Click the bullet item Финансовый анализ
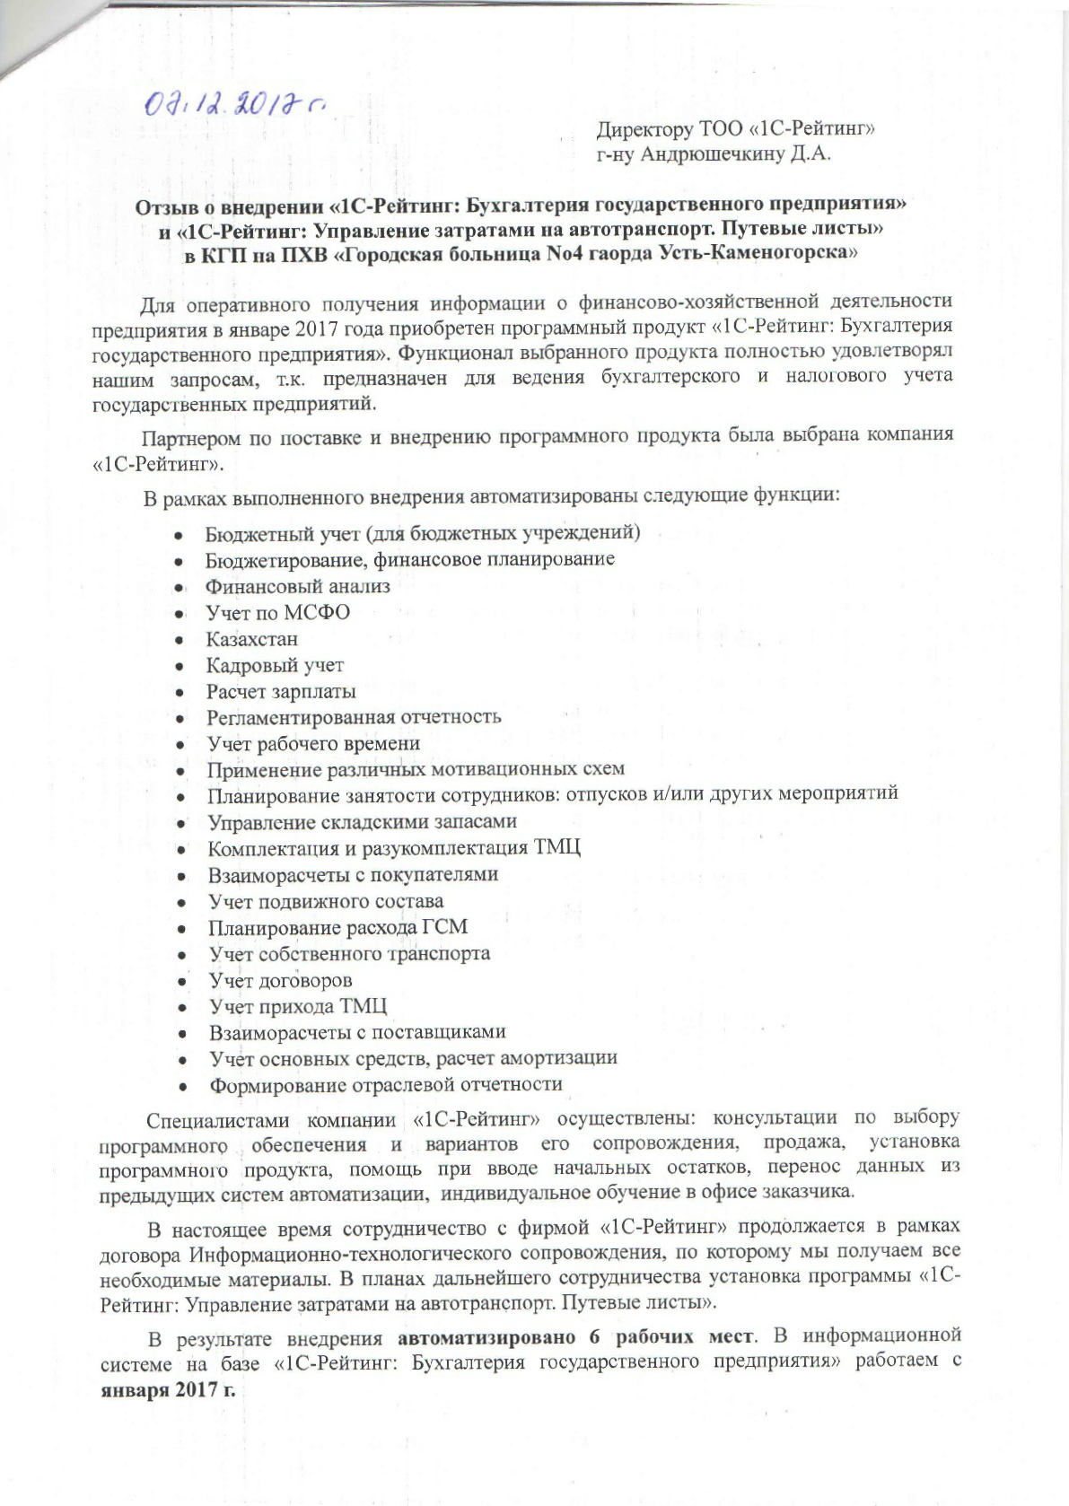click(x=298, y=586)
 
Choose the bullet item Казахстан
click(x=251, y=640)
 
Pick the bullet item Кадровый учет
click(x=275, y=666)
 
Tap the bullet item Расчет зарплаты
click(x=281, y=692)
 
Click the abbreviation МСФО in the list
click(x=315, y=613)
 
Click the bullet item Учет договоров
click(x=281, y=980)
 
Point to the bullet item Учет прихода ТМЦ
click(x=298, y=1006)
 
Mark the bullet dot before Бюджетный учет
click(x=180, y=535)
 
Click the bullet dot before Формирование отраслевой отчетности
click(x=183, y=1087)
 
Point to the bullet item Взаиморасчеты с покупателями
click(x=353, y=874)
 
